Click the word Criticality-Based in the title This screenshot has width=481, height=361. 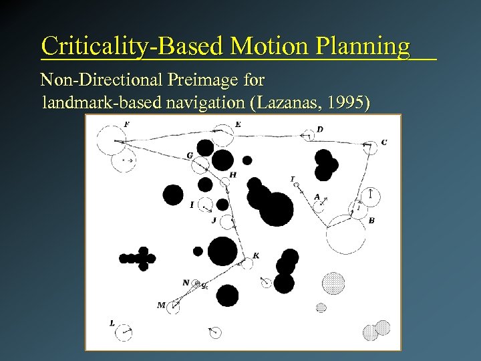click(131, 46)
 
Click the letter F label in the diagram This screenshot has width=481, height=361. click(127, 124)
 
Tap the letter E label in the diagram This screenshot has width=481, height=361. click(238, 124)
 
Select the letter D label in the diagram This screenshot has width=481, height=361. click(320, 129)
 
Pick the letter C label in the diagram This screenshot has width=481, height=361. click(383, 142)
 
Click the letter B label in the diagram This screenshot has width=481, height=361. click(371, 220)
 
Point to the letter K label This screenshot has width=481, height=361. click(256, 255)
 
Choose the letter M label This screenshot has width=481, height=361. click(161, 305)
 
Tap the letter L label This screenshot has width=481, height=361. click(112, 324)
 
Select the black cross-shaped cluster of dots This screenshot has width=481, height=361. click(138, 258)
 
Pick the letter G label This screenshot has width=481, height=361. click(190, 156)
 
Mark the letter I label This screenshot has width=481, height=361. click(192, 205)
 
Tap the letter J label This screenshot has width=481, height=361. click(213, 220)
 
